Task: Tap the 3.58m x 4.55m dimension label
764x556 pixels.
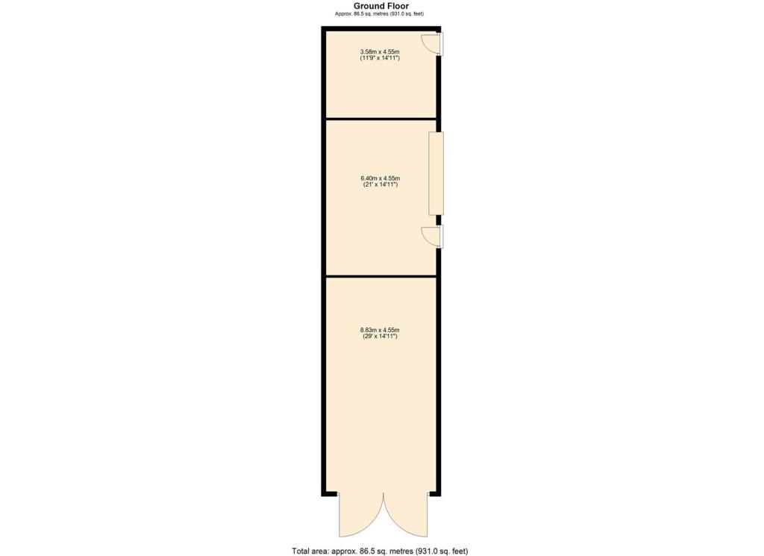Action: click(380, 51)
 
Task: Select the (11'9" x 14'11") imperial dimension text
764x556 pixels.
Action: click(380, 57)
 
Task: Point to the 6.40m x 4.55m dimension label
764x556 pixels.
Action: click(380, 178)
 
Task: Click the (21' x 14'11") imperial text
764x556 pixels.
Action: click(380, 184)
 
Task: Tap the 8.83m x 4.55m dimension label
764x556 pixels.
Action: click(380, 330)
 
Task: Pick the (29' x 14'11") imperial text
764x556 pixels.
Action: click(380, 336)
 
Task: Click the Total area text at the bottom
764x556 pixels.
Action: click(380, 551)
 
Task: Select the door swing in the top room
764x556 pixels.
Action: click(430, 44)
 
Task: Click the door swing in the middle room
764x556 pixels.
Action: click(430, 237)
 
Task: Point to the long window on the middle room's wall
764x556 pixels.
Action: click(436, 174)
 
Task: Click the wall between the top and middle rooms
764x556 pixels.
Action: click(381, 119)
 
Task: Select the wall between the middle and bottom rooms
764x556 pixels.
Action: click(381, 276)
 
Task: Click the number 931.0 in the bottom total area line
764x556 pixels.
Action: click(419, 551)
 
